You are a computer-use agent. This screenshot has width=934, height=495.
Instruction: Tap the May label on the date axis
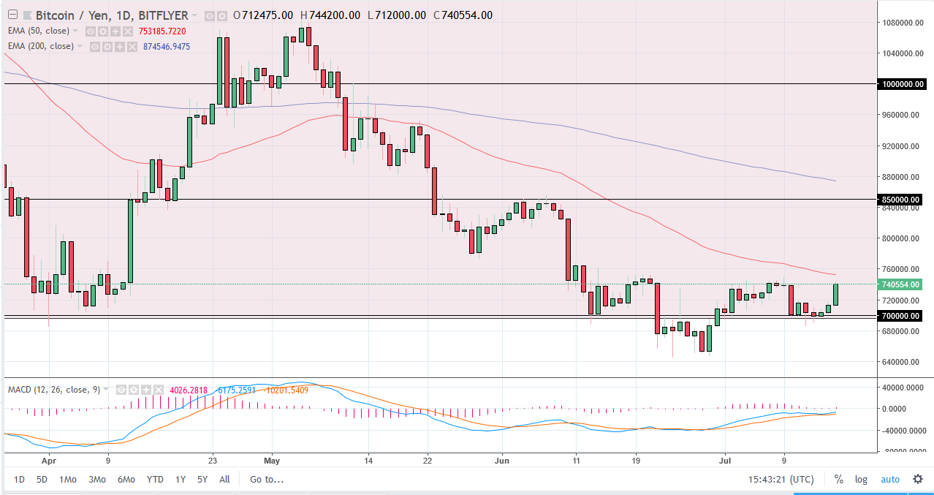coord(272,461)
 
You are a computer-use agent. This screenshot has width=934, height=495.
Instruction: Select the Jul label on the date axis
coord(725,461)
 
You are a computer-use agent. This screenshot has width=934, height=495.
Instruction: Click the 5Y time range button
coord(202,480)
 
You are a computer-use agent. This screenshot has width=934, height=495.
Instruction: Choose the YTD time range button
coord(155,480)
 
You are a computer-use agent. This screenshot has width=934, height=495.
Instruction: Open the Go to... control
coord(266,480)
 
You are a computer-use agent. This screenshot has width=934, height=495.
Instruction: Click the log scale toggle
coord(861,480)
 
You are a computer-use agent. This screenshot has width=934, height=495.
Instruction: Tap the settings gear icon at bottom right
coord(917,480)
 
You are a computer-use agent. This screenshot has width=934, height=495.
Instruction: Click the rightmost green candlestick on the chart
coord(835,294)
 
